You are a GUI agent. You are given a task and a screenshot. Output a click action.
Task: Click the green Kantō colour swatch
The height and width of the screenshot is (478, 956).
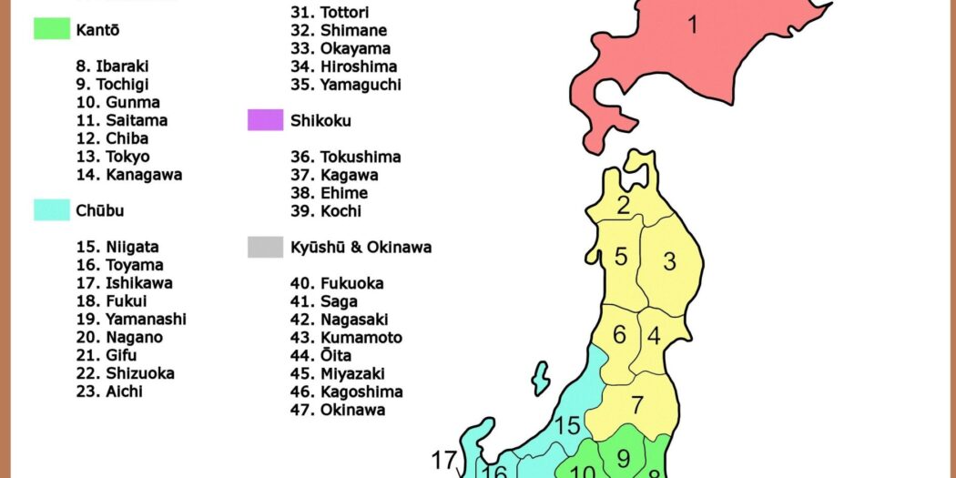pos(52,29)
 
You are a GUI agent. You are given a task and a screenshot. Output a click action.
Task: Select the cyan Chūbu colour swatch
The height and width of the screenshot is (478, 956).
pos(52,210)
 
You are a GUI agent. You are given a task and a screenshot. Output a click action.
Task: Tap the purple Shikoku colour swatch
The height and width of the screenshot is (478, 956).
pos(265,120)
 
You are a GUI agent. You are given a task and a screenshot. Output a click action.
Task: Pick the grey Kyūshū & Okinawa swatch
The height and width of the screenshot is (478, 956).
pos(265,247)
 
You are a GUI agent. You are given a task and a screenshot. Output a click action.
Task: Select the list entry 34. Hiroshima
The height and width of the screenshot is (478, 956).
pos(343,66)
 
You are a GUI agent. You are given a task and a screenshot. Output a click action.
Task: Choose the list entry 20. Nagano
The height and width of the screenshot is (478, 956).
pos(119,337)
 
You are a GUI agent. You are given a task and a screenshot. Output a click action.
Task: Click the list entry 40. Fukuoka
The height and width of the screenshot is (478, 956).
pos(337,283)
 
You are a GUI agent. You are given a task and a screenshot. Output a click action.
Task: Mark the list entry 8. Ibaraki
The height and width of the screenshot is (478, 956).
pos(113,66)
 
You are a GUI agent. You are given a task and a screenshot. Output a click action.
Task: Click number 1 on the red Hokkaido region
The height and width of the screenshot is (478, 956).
pos(692,25)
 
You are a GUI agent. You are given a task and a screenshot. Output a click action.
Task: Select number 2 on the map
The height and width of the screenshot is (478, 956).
pos(623,206)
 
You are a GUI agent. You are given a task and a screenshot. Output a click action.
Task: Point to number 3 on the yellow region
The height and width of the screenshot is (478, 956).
pos(669,262)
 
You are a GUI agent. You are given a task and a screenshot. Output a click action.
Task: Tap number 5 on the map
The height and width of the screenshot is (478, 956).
pos(621,257)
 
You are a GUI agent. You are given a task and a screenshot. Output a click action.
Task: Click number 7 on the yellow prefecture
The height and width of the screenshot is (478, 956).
pos(637,405)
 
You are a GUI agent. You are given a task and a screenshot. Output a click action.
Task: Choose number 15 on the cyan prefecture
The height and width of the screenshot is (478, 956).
pos(567,425)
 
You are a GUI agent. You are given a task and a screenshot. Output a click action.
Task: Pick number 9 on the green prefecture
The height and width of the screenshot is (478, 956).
pos(623,457)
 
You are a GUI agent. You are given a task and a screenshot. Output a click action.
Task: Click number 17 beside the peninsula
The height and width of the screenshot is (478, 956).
pos(442,461)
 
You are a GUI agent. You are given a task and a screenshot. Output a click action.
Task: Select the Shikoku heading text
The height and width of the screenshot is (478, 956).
pos(320,120)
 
